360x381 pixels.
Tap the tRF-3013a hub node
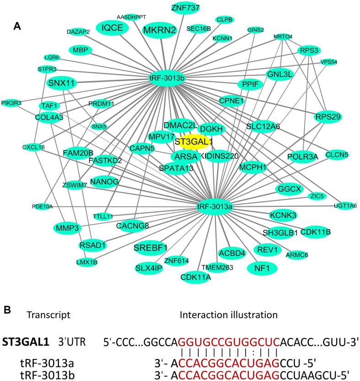coord(215,207)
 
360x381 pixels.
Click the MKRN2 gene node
coord(160,30)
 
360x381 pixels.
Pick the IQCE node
coord(112,28)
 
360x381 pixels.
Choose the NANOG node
coord(105,182)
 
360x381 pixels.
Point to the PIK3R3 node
coord(11,103)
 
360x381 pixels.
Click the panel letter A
coord(17,27)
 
